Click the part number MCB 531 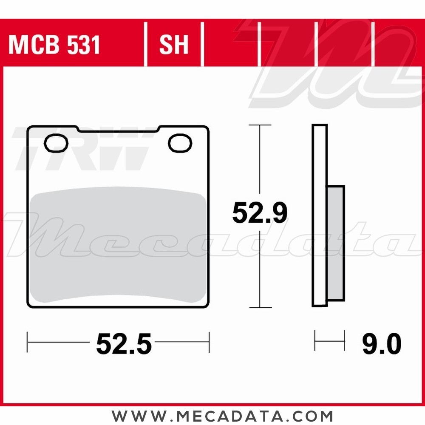(54, 45)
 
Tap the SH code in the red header (174, 45)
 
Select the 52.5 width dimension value (124, 343)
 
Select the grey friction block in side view (336, 242)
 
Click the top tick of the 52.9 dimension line (260, 125)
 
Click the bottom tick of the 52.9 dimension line (260, 307)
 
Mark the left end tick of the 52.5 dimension (28, 342)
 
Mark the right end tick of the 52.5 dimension (209, 342)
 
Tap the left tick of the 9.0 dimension (315, 340)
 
